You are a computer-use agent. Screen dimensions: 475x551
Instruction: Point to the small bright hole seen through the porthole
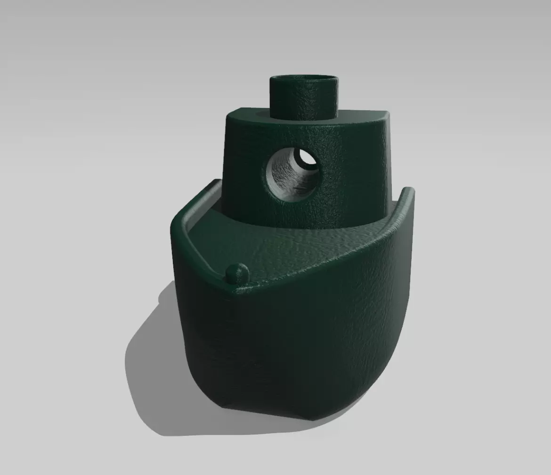tap(308, 158)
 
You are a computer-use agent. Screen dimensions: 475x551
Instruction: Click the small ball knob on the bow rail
tap(237, 273)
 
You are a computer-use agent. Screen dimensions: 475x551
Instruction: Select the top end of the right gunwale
tap(408, 190)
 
